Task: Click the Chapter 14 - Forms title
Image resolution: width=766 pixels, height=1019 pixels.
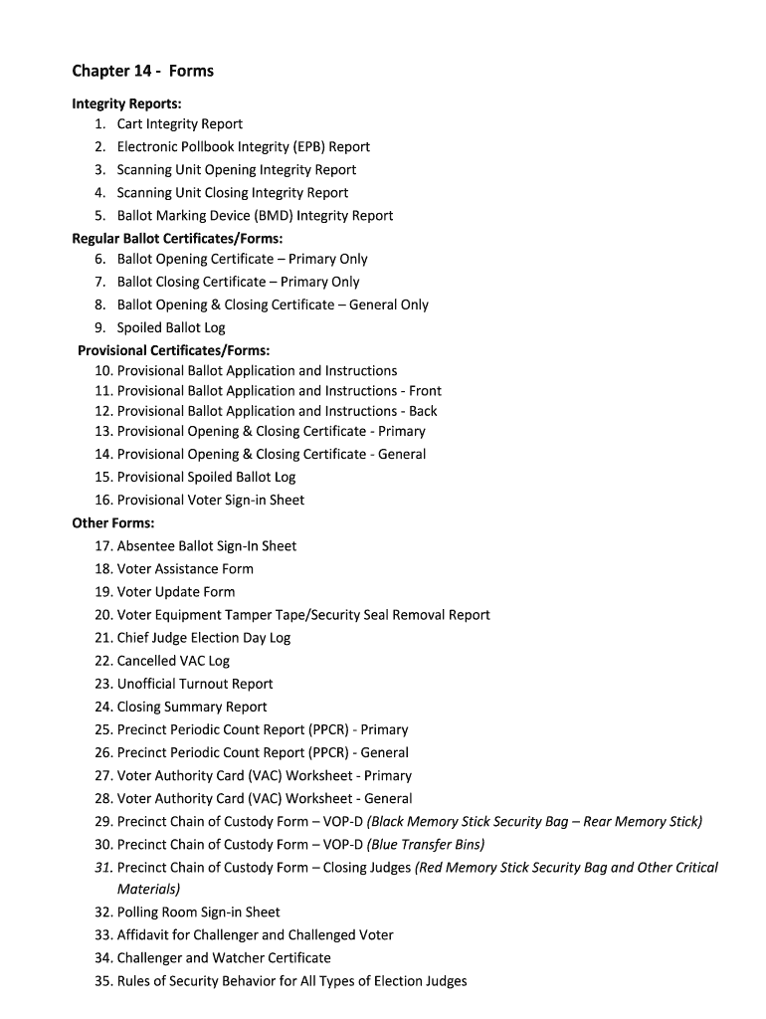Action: point(142,71)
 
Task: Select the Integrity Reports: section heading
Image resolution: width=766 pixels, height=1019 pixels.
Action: point(126,102)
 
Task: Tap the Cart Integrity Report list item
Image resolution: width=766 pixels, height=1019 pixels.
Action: point(179,124)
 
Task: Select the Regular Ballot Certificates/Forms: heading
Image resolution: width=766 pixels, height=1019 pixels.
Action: point(177,238)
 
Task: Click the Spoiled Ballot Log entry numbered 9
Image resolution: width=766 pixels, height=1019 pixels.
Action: point(171,327)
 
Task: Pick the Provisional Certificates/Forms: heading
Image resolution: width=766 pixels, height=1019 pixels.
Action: point(174,350)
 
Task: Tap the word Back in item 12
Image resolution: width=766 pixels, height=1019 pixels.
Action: point(423,411)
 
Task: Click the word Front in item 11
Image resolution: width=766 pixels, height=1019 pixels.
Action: point(425,391)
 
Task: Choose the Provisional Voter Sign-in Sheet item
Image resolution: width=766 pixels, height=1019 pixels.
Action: point(211,501)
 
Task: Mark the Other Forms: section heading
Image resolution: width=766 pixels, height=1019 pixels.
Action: point(113,523)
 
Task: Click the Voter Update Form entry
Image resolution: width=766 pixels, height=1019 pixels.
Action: point(176,592)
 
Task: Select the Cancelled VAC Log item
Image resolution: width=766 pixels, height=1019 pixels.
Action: point(173,661)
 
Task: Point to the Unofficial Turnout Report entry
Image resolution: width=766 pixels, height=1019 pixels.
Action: point(195,684)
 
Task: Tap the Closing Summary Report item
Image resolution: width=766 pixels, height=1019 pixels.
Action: point(192,707)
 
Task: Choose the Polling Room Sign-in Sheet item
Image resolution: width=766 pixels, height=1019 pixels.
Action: point(198,913)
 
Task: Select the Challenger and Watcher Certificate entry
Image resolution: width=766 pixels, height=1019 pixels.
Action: point(224,958)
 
